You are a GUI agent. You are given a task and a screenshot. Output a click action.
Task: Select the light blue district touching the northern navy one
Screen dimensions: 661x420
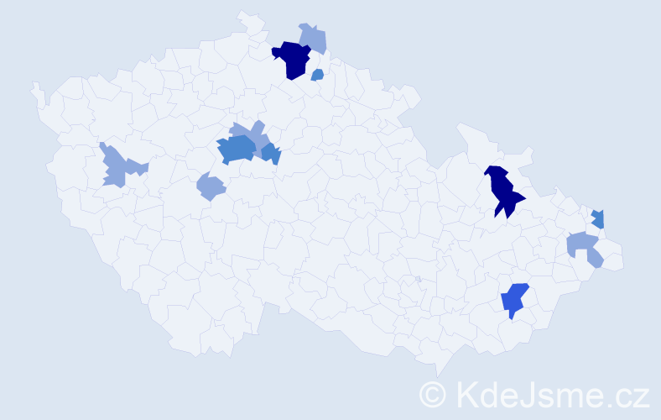click(x=315, y=37)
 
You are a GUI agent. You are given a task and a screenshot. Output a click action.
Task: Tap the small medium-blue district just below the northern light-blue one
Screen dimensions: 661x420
click(x=317, y=76)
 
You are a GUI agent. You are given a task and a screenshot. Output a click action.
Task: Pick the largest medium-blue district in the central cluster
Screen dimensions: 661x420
click(x=236, y=149)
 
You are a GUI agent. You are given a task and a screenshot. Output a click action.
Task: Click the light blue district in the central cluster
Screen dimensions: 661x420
click(x=251, y=132)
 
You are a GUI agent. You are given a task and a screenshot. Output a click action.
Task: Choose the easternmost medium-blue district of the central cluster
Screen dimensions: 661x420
click(x=271, y=154)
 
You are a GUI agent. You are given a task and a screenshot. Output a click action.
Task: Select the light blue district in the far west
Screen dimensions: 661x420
click(x=116, y=166)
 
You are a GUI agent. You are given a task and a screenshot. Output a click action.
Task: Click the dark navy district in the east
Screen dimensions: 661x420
click(x=503, y=192)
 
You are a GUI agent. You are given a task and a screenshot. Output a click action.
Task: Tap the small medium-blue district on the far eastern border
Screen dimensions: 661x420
click(x=598, y=218)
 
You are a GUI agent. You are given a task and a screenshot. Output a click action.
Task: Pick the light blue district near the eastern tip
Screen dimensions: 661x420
click(x=584, y=247)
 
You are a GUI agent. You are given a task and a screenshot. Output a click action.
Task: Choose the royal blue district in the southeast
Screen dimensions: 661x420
click(x=513, y=299)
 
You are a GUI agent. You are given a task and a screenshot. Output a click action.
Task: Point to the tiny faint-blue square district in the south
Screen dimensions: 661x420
click(x=418, y=279)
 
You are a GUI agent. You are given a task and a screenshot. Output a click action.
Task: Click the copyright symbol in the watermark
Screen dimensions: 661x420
click(x=433, y=393)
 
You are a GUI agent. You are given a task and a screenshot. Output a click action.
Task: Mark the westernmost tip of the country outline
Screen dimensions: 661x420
click(x=34, y=85)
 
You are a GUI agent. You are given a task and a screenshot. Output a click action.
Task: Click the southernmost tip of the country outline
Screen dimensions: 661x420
click(x=438, y=375)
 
